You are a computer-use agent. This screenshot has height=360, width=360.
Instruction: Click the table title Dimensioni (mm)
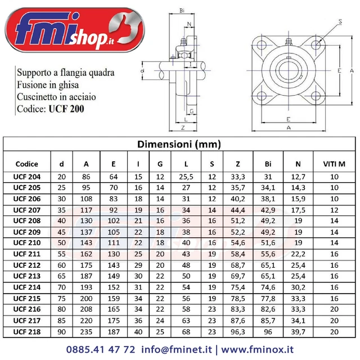pos(179,145)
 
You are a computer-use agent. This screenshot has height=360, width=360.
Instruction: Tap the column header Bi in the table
pos(268,164)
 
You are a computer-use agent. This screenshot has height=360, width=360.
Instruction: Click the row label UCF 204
pos(27,177)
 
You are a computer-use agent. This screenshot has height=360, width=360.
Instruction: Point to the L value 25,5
pos(187,177)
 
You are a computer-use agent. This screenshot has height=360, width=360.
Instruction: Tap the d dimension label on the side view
pos(142,71)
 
